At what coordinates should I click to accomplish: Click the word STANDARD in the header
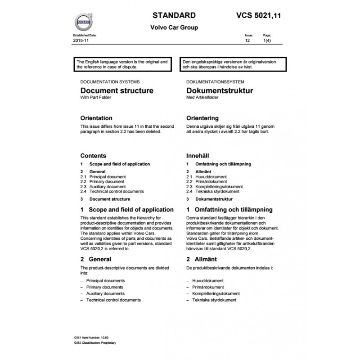[x=174, y=15]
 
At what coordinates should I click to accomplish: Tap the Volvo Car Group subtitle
[x=174, y=27]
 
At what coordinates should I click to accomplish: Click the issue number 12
[x=247, y=40]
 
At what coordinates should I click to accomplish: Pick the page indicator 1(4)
[x=266, y=40]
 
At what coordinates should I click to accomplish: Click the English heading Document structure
[x=117, y=90]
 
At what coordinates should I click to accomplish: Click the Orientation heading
[x=96, y=118]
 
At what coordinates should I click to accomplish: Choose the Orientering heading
[x=202, y=118]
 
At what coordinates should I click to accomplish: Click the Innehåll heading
[x=198, y=155]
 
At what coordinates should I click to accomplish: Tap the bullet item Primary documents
[x=104, y=287]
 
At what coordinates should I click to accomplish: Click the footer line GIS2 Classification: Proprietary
[x=95, y=343]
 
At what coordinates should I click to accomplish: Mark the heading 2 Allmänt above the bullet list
[x=201, y=259]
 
